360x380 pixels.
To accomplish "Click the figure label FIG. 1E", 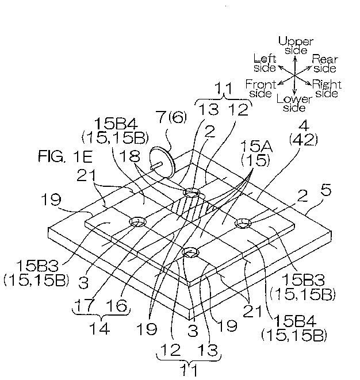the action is (x=65, y=156).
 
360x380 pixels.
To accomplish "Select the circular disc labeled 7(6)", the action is (x=162, y=162).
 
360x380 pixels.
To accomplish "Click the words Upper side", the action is (x=296, y=45).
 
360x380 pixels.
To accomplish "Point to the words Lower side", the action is (x=294, y=103).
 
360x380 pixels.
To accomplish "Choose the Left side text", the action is (x=265, y=63).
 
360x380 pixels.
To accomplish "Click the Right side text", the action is (x=327, y=89).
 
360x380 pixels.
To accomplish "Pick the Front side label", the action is (x=261, y=89).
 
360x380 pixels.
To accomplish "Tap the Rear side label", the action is (x=325, y=63).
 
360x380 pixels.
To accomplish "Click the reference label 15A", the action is (x=256, y=147).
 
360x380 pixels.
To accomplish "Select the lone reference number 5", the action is (x=326, y=190).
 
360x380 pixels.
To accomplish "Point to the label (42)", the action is (x=303, y=140).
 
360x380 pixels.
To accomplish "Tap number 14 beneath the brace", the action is (x=99, y=329).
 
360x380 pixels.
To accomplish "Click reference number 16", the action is (x=117, y=305).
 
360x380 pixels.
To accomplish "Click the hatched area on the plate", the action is (x=192, y=207).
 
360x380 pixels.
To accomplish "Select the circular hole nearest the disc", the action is (x=192, y=193).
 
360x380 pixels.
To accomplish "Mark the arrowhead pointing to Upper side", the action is (x=295, y=59).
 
